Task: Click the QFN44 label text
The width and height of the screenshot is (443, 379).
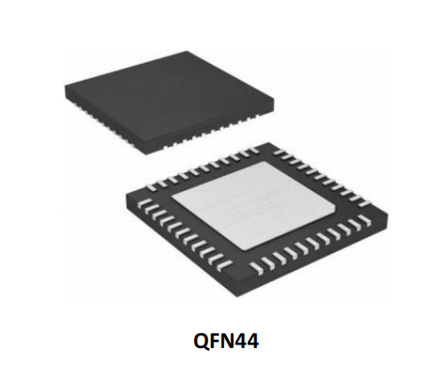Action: (226, 341)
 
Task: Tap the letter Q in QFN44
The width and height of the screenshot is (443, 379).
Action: (200, 342)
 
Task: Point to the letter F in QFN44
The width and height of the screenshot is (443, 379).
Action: (214, 341)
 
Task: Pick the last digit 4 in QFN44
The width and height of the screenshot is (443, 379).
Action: (253, 341)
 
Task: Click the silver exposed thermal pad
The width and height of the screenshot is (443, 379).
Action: (254, 205)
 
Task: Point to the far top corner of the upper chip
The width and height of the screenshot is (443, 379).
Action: (187, 51)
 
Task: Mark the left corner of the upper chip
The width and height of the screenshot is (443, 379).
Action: (66, 86)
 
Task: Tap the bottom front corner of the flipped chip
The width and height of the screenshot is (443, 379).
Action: (238, 296)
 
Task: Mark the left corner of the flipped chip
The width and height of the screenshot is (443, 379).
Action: (127, 193)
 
